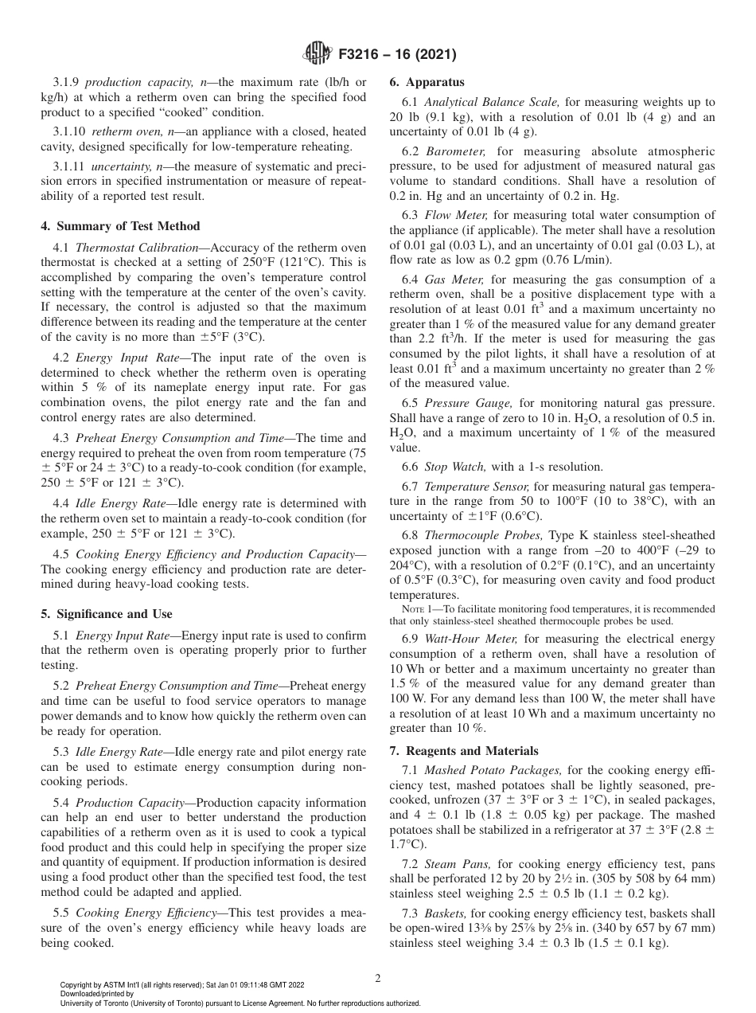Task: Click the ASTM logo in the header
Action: click(318, 54)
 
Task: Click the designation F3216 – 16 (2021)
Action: click(392, 54)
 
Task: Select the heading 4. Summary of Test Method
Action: click(120, 226)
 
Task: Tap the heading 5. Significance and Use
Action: click(106, 614)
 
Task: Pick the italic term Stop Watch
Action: click(446, 467)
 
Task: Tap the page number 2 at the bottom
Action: click(378, 979)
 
